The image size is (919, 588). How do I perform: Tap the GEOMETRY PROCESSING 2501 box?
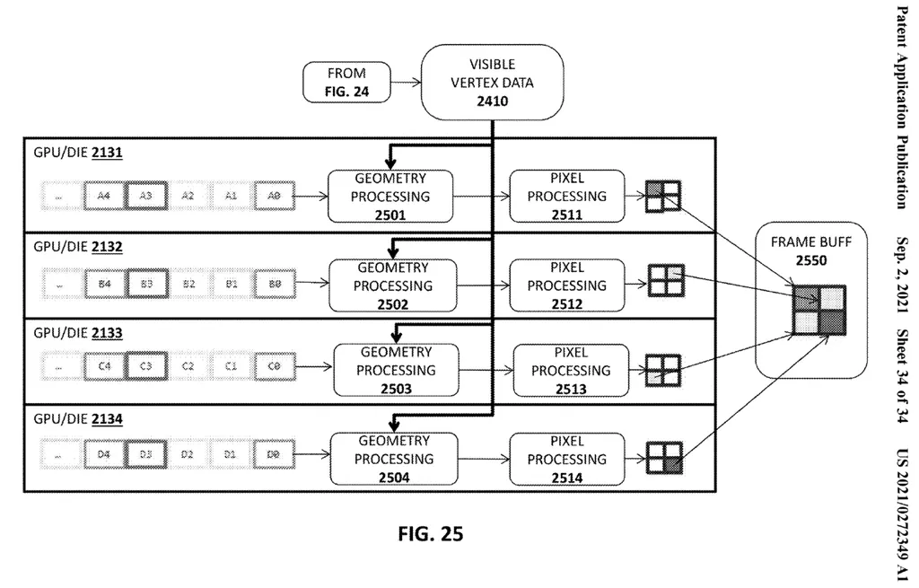[392, 196]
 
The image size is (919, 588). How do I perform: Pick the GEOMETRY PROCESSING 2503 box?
[396, 370]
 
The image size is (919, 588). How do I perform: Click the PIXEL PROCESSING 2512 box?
[566, 285]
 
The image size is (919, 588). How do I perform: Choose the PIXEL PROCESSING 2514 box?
[566, 460]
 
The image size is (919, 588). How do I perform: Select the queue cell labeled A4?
[101, 194]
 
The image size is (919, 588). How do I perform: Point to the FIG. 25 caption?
[431, 534]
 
